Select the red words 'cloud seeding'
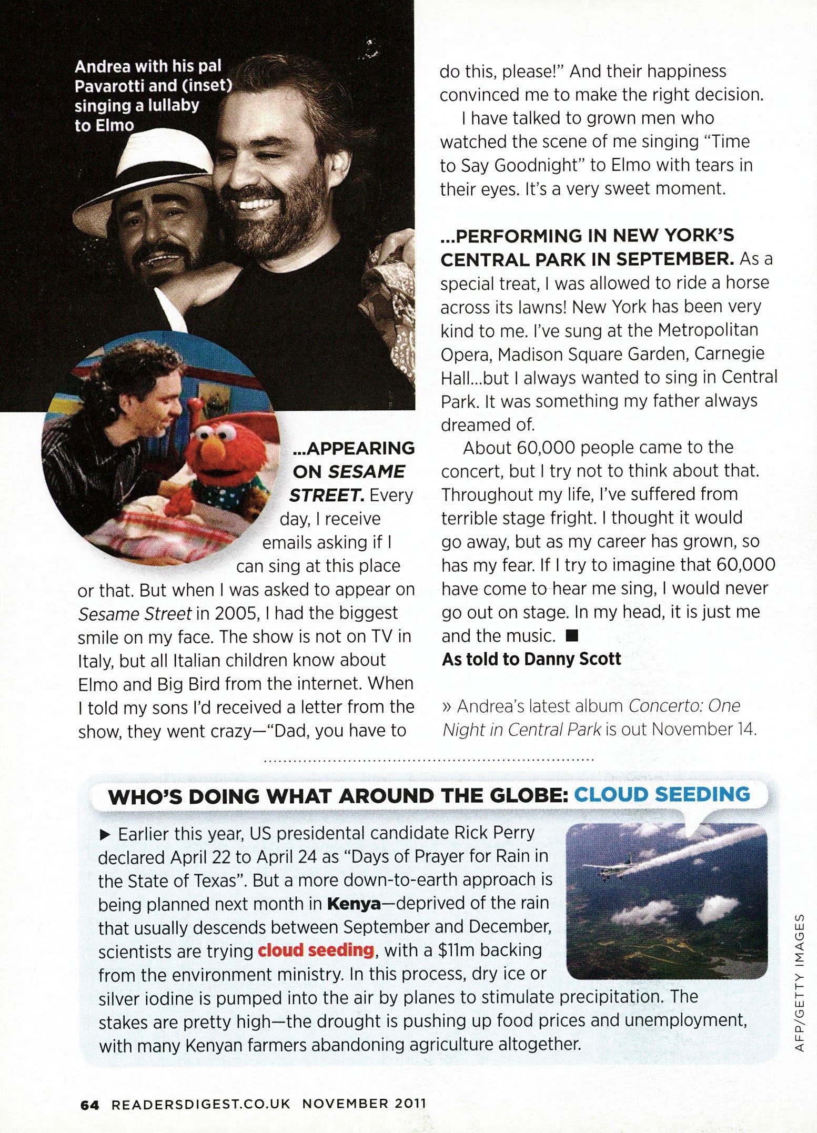point(316,950)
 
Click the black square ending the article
point(572,636)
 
